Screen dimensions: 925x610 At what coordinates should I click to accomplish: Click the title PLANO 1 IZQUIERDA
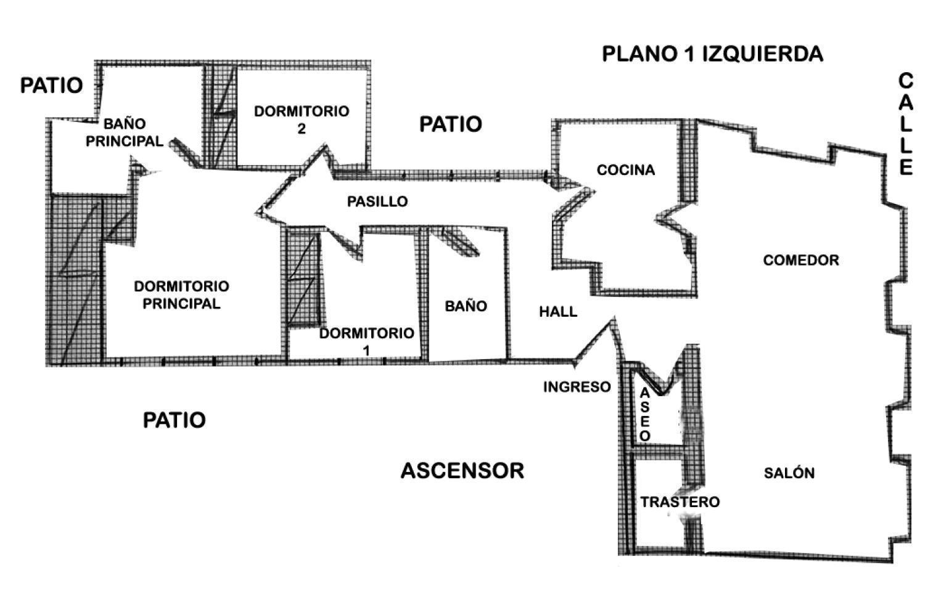click(712, 54)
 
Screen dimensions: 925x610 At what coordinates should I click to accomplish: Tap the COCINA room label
click(626, 170)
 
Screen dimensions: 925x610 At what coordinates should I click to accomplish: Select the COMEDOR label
click(800, 261)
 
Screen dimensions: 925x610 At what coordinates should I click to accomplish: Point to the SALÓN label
click(789, 473)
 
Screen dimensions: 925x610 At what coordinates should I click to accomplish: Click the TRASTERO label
click(680, 502)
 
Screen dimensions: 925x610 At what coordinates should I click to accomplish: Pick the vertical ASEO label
click(644, 415)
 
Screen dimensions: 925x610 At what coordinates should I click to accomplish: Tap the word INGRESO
click(577, 387)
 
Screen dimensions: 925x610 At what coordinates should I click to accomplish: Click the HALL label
click(558, 312)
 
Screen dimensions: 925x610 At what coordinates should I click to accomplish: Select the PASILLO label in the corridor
click(377, 201)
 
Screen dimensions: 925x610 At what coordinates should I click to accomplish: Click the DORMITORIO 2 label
click(302, 120)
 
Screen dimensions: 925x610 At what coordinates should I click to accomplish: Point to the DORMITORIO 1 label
click(366, 342)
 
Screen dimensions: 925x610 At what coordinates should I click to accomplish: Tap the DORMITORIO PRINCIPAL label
click(181, 295)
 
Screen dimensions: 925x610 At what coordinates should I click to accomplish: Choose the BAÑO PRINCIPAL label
click(125, 132)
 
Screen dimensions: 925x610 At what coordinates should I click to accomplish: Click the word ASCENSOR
click(462, 471)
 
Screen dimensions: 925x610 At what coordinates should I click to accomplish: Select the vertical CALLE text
click(906, 124)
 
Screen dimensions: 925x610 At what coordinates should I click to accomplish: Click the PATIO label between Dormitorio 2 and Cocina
click(451, 124)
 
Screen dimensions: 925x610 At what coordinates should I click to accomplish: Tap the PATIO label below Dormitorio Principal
click(174, 420)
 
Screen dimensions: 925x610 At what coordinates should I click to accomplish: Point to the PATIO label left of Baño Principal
click(52, 86)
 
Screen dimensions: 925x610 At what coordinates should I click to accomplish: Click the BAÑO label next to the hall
click(466, 306)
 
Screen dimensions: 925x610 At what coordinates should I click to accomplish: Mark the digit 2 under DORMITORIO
click(302, 129)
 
